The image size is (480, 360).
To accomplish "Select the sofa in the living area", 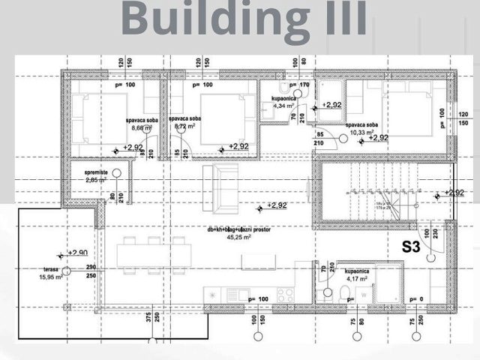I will point(220,187).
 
